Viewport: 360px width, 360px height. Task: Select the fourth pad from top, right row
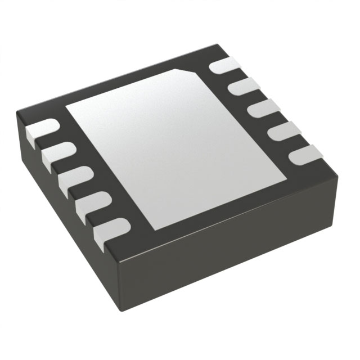(276, 130)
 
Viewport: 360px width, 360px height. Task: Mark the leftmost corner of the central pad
(66, 107)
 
